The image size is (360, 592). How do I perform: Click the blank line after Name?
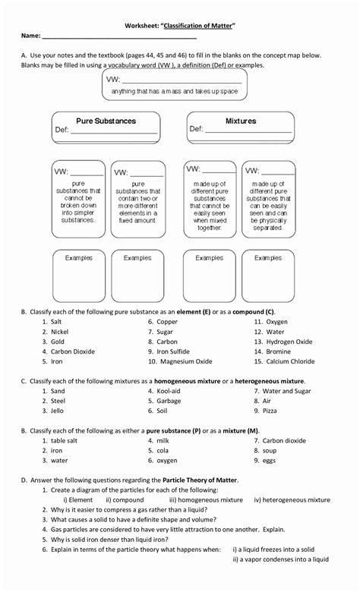coord(119,36)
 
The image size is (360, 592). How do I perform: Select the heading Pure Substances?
coord(106,121)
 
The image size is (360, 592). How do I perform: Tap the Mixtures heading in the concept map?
coord(241,121)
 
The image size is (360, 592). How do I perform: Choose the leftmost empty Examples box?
coord(78,276)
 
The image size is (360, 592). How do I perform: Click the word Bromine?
coord(279,351)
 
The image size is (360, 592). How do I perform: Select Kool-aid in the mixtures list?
coord(169,391)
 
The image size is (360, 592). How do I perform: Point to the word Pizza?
coord(270,411)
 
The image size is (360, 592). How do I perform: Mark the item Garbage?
coord(169,401)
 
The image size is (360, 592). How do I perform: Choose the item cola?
coord(163,450)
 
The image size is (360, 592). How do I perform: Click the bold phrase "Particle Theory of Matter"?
coord(194,480)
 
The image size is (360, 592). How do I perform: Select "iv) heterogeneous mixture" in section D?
coord(292,499)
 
